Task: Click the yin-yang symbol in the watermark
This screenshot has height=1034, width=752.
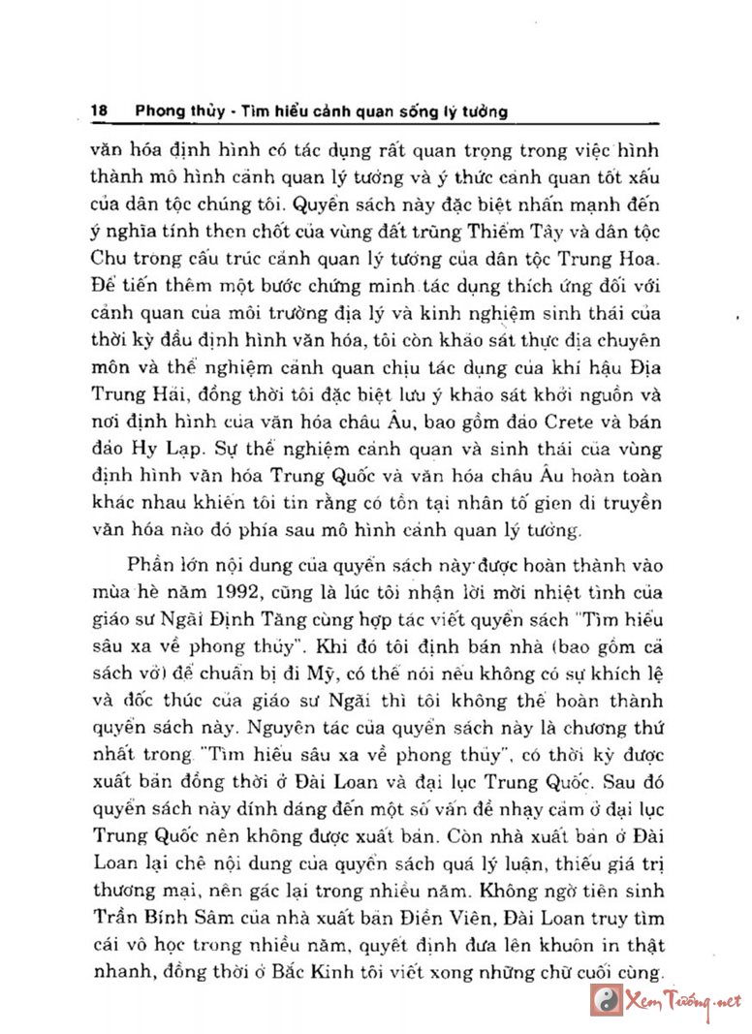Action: (610, 1001)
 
